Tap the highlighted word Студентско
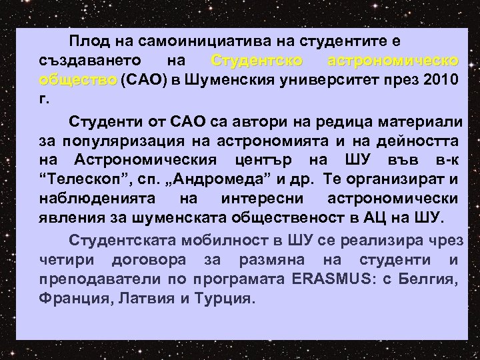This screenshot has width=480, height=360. [257, 61]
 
